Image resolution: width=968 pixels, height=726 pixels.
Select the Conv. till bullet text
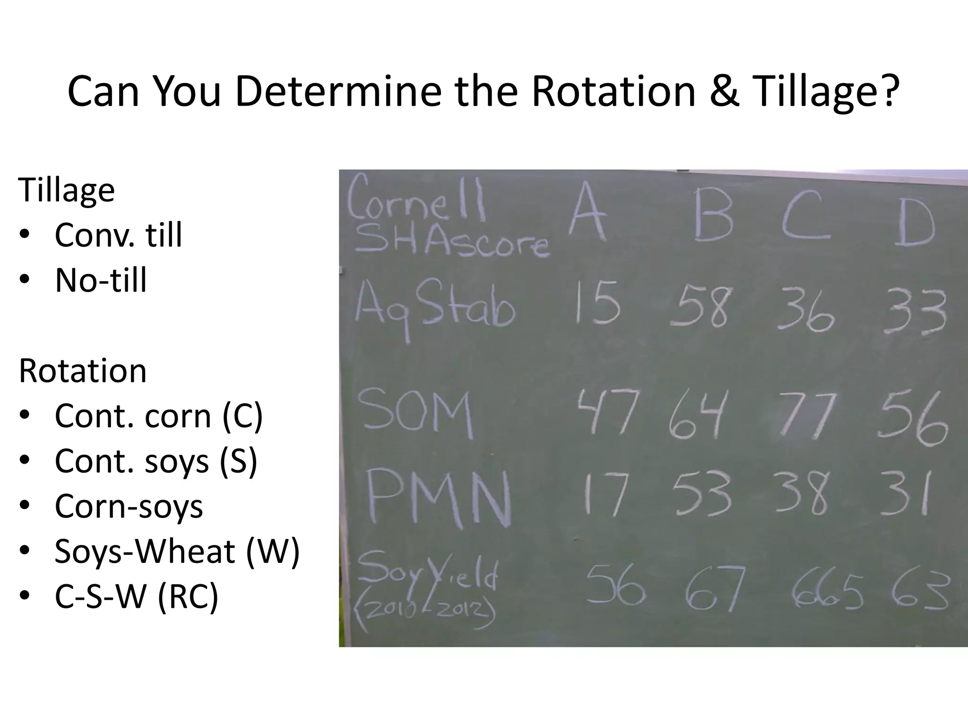click(x=118, y=235)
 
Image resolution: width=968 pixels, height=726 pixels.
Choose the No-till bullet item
click(x=101, y=280)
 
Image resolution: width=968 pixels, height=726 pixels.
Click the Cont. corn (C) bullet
click(x=158, y=416)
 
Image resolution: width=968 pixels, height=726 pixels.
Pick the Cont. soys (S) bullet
click(x=156, y=461)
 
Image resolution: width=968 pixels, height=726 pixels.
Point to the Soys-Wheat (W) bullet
click(x=177, y=552)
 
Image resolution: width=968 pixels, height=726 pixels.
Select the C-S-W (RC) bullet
click(x=137, y=596)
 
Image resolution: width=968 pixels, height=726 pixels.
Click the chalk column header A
click(x=587, y=213)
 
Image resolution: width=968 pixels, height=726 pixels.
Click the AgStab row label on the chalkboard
click(x=434, y=307)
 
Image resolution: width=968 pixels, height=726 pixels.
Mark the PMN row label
click(x=438, y=496)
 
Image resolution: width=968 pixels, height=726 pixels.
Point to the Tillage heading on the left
click(x=67, y=190)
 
